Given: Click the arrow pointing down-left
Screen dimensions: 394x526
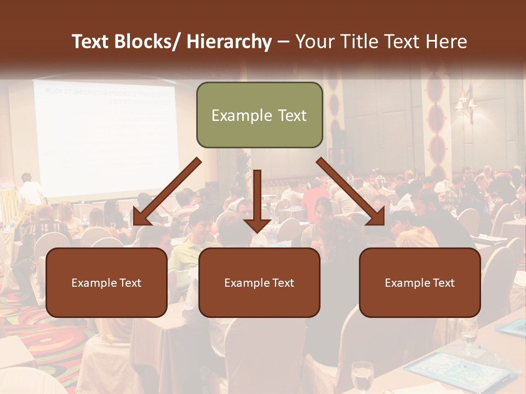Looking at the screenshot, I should tap(167, 192).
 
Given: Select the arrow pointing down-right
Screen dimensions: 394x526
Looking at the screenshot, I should tap(351, 192).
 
